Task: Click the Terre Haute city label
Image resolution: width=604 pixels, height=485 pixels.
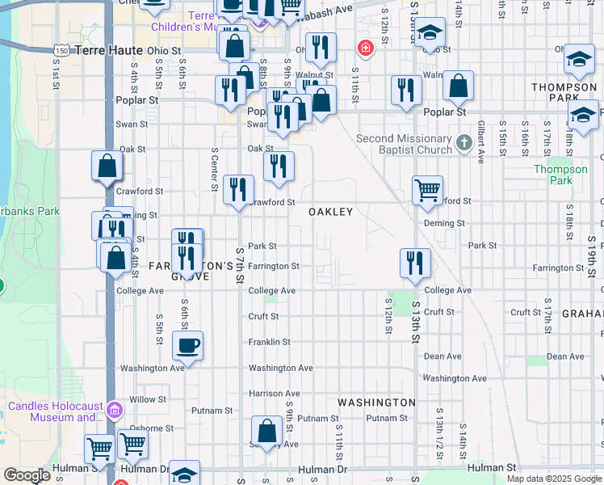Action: pos(108,50)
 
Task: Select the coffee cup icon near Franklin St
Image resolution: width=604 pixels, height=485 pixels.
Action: pos(187,346)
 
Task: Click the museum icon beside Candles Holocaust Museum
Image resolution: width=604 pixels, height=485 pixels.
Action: pos(115,410)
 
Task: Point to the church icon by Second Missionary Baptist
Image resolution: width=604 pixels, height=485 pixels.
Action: pos(463,144)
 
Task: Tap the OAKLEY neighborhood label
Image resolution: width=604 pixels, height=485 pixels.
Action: pos(331,212)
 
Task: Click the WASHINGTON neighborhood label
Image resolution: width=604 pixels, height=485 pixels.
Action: pos(376,402)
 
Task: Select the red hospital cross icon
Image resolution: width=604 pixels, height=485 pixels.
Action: pos(366,49)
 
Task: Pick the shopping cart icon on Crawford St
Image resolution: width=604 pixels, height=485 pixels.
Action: pos(427,191)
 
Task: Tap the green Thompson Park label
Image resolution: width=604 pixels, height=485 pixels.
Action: pos(560,175)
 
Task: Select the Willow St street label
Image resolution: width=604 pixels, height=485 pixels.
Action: pos(148,399)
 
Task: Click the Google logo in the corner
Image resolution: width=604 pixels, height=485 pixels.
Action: pos(27,475)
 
